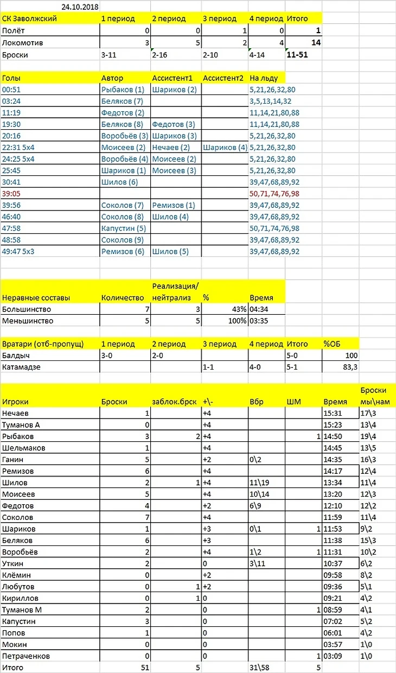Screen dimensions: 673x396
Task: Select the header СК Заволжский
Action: pos(30,18)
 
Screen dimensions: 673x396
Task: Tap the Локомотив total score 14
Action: pos(315,42)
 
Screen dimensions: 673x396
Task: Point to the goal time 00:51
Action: pos(11,90)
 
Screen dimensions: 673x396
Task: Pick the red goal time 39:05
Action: pos(11,194)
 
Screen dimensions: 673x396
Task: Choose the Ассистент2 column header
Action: pos(223,78)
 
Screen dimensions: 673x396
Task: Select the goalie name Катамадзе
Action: pos(23,367)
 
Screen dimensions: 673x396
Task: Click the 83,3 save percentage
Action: pos(347,367)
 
